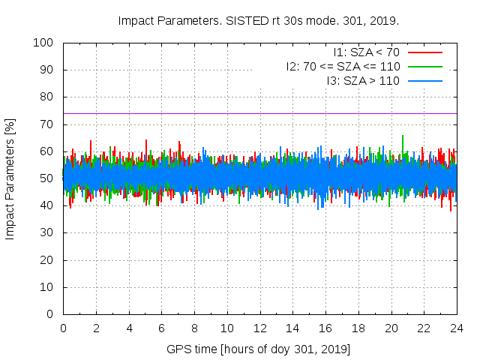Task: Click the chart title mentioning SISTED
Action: pyautogui.click(x=259, y=20)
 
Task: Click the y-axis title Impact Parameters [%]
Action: pyautogui.click(x=10, y=178)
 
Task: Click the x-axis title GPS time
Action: pyautogui.click(x=259, y=349)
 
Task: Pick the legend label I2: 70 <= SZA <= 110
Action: pyautogui.click(x=343, y=67)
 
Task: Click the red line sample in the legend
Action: pyautogui.click(x=424, y=52)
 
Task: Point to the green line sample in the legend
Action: pyautogui.click(x=424, y=67)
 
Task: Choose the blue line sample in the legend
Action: pyautogui.click(x=424, y=81)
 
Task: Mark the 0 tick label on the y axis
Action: pyautogui.click(x=52, y=314)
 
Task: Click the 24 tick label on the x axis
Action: pyautogui.click(x=456, y=328)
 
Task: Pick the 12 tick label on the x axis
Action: pyautogui.click(x=259, y=328)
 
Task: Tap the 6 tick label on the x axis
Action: pyautogui.click(x=161, y=328)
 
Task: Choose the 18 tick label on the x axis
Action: pyautogui.click(x=358, y=328)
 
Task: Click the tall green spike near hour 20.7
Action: pyautogui.click(x=403, y=139)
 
